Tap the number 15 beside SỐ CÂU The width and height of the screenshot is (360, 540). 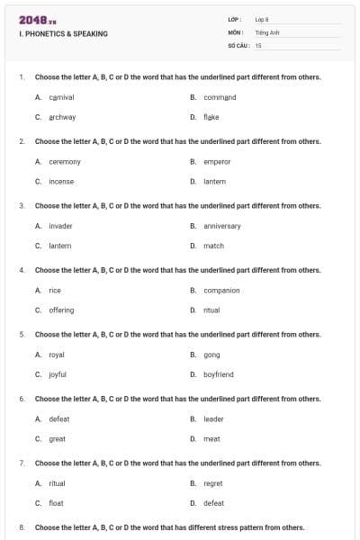[258, 44]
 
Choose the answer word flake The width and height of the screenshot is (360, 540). [211, 117]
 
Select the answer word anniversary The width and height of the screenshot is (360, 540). [222, 226]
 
